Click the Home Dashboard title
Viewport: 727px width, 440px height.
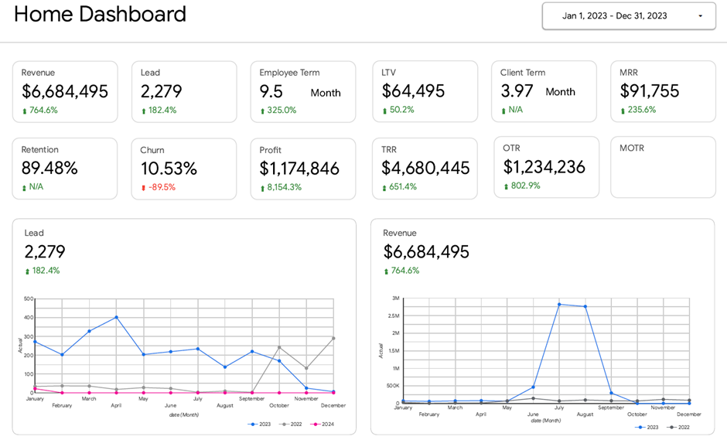tap(100, 14)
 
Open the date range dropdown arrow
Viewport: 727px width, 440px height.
tap(701, 16)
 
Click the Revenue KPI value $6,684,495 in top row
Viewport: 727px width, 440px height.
tap(65, 91)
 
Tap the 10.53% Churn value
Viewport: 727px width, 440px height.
tap(169, 169)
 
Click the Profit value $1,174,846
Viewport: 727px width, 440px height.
tap(299, 169)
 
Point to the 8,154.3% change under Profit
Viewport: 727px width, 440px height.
tap(285, 187)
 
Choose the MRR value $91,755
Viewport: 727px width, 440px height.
tap(650, 90)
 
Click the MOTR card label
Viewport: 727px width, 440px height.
tap(632, 148)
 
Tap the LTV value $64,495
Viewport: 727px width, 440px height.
tap(413, 90)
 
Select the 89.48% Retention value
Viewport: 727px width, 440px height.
tap(49, 169)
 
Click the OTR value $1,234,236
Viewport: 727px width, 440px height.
tap(544, 167)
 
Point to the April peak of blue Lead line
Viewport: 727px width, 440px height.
tap(116, 317)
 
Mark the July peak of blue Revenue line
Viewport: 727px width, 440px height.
tap(558, 304)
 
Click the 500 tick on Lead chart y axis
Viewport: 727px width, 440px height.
tap(29, 298)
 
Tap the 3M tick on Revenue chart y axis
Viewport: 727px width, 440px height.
tap(394, 298)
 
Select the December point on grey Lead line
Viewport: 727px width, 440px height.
tap(333, 338)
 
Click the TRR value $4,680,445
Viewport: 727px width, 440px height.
tap(425, 168)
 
